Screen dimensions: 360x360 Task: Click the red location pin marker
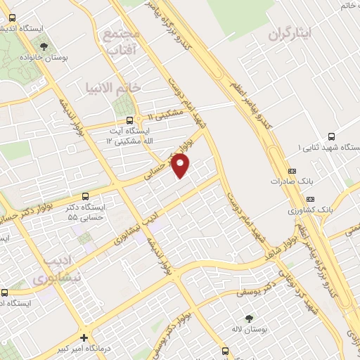(181, 166)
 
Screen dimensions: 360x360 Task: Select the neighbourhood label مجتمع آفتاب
(122, 42)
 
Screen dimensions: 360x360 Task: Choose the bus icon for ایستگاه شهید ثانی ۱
(331, 136)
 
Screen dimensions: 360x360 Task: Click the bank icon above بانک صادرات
(292, 171)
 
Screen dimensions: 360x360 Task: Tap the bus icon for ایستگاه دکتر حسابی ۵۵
(86, 196)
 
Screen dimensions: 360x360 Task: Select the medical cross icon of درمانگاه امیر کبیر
(84, 337)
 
